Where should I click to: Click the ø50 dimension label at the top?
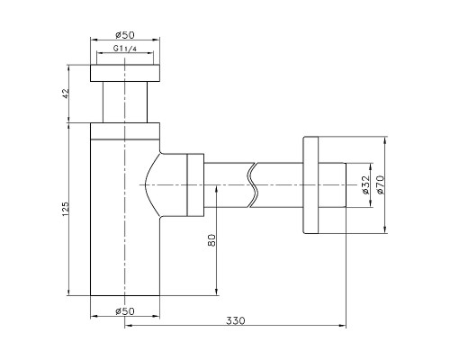(x=125, y=35)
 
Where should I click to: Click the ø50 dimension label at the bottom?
(x=125, y=311)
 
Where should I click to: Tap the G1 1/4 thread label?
(x=125, y=49)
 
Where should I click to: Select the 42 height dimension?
(x=66, y=94)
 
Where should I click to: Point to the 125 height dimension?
(x=66, y=209)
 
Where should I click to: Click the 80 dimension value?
(x=211, y=240)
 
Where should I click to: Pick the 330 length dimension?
(x=236, y=320)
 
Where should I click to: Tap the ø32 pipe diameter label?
(x=366, y=184)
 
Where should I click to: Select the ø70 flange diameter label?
(x=381, y=184)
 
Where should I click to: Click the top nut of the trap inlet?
(x=125, y=73)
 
